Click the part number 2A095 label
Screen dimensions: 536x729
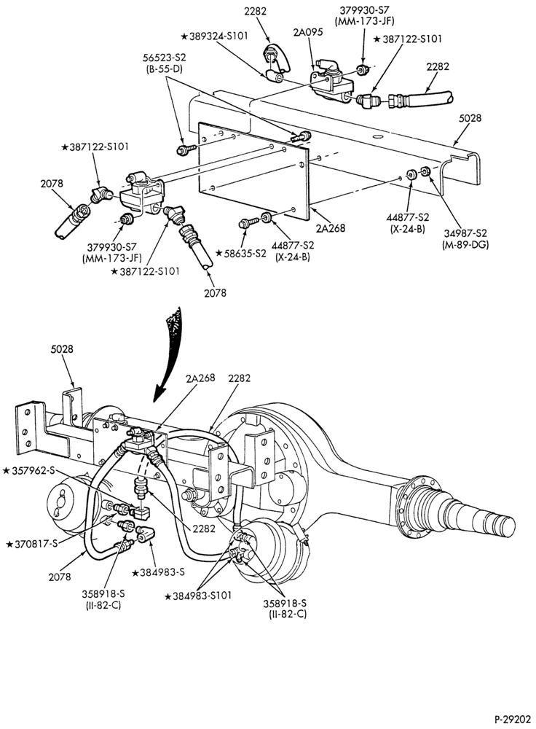(308, 32)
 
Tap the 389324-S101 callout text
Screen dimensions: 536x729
(213, 36)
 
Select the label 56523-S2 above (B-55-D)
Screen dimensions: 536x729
(165, 58)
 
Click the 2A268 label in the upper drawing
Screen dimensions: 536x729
(331, 227)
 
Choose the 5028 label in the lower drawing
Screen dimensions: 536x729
(61, 348)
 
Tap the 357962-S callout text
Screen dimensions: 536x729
(29, 470)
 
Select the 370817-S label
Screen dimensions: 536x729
(31, 543)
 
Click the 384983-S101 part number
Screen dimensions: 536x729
(198, 596)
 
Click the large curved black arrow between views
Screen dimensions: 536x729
(171, 354)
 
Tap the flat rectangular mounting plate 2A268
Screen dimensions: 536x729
(253, 171)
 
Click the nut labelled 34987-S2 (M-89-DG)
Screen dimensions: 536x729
(425, 171)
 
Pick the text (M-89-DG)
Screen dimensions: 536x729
(465, 243)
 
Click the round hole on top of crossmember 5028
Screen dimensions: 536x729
(377, 137)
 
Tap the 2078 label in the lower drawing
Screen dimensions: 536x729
(60, 577)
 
